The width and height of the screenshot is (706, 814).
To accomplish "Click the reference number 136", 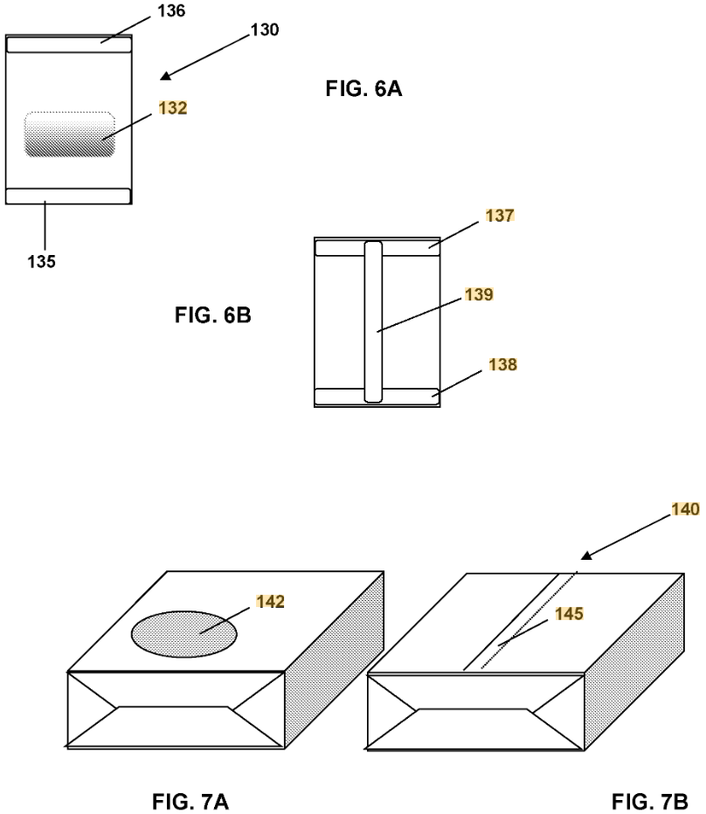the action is (171, 10).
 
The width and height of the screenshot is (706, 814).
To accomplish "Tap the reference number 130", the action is (265, 30).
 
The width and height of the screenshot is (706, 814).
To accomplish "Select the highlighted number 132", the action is (172, 108).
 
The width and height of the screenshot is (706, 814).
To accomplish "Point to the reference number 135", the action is (42, 261).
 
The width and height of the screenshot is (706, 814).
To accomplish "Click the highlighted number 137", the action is (500, 215).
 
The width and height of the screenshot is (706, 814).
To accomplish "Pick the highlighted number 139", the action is (479, 294).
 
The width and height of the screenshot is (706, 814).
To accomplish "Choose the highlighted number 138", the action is (503, 364).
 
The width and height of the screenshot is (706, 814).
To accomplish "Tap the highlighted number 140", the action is (685, 508).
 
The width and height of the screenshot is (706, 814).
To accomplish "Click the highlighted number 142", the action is (270, 601).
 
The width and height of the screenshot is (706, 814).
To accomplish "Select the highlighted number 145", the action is (569, 614).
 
